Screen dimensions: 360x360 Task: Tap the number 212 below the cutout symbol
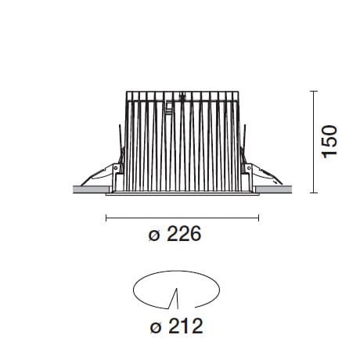(185, 326)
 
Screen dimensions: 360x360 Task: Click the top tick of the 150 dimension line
(314, 91)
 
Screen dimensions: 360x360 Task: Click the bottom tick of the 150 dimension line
(314, 193)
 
